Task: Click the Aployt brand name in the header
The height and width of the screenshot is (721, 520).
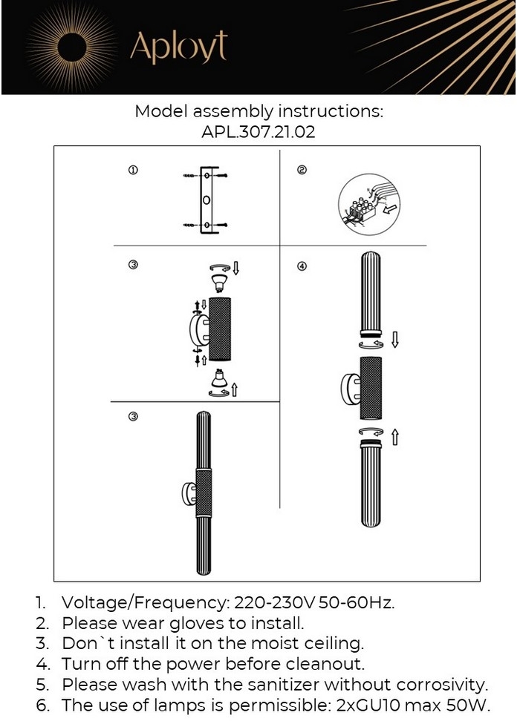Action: pyautogui.click(x=178, y=47)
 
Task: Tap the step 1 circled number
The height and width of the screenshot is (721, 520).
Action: pyautogui.click(x=133, y=171)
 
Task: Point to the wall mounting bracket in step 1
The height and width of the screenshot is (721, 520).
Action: pyautogui.click(x=207, y=200)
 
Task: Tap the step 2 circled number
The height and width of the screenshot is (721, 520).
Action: pyautogui.click(x=302, y=171)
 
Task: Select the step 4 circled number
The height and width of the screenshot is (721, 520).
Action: pyautogui.click(x=302, y=266)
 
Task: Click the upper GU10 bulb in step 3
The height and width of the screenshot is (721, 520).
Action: pyautogui.click(x=218, y=281)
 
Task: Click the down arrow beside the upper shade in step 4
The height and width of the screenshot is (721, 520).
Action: pyautogui.click(x=395, y=340)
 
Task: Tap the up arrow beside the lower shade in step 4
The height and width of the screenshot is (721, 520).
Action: pyautogui.click(x=395, y=438)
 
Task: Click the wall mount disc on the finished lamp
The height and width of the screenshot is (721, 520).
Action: pyautogui.click(x=189, y=493)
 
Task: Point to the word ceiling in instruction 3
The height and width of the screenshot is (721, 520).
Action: pyautogui.click(x=330, y=643)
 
